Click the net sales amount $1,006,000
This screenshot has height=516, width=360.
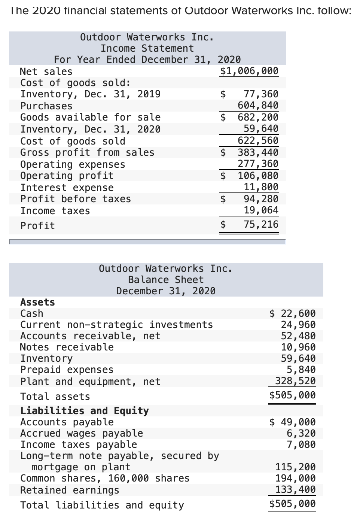(249, 71)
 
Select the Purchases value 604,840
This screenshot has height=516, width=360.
(258, 105)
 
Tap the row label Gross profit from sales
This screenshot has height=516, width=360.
(87, 152)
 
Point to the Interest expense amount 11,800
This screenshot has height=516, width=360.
(261, 187)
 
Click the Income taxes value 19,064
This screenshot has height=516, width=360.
(261, 210)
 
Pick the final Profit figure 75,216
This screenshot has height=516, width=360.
(261, 224)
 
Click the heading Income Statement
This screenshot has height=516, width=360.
(147, 48)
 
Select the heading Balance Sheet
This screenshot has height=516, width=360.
(166, 280)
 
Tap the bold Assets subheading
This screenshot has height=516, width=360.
(37, 302)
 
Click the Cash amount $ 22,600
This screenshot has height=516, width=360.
(293, 313)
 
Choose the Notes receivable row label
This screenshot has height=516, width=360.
(67, 347)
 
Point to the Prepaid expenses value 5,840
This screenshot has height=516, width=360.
(301, 370)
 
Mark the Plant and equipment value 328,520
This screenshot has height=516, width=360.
(295, 381)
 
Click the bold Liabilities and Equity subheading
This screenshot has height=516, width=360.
(85, 411)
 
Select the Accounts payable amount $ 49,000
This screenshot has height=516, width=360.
(293, 422)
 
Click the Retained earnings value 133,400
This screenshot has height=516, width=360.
(295, 489)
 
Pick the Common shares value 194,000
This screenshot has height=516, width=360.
(295, 478)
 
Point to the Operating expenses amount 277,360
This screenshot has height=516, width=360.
(258, 164)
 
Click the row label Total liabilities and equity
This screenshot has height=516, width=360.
(102, 505)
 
